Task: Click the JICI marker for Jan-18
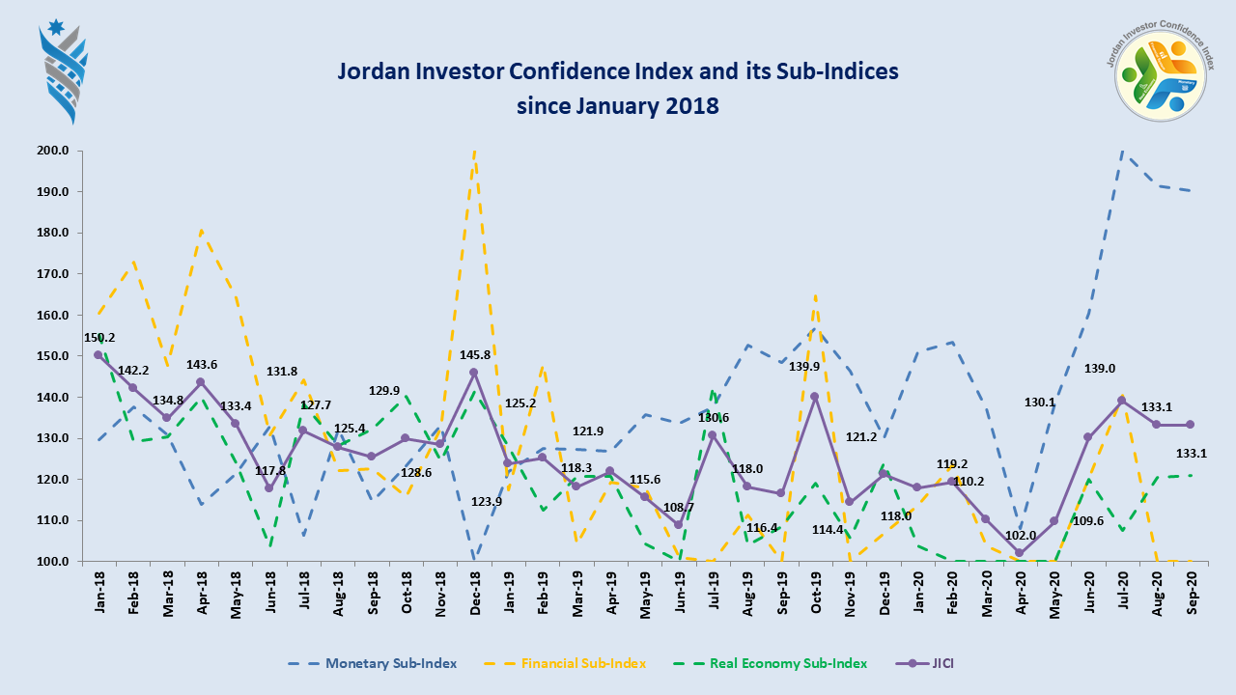[x=98, y=354]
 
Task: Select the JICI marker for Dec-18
[x=473, y=373]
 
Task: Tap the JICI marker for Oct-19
[x=815, y=396]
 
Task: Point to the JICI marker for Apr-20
[x=1020, y=553]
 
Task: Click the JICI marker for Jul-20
[x=1122, y=400]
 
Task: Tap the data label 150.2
[x=99, y=338]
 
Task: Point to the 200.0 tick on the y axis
[x=52, y=151]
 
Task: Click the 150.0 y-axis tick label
[x=52, y=356]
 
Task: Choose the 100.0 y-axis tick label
[x=52, y=561]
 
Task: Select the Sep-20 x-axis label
[x=1191, y=591]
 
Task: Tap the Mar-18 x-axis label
[x=167, y=591]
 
